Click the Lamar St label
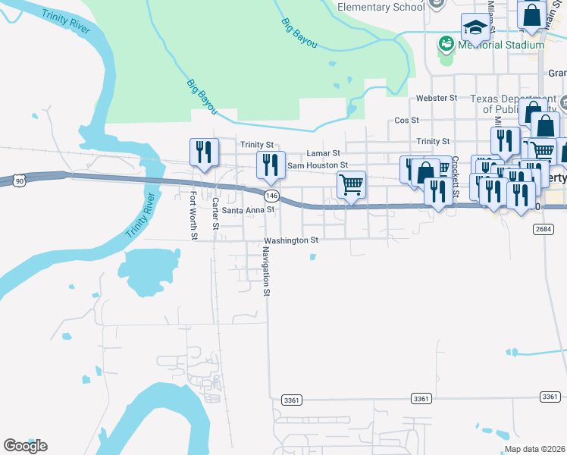323,153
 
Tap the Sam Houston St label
317,165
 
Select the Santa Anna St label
243,211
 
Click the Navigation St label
266,271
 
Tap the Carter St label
215,213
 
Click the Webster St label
437,99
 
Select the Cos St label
407,121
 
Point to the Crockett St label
456,176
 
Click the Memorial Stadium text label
502,45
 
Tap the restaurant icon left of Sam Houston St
270,164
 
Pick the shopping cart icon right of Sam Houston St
351,184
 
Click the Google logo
25,446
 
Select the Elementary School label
381,7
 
